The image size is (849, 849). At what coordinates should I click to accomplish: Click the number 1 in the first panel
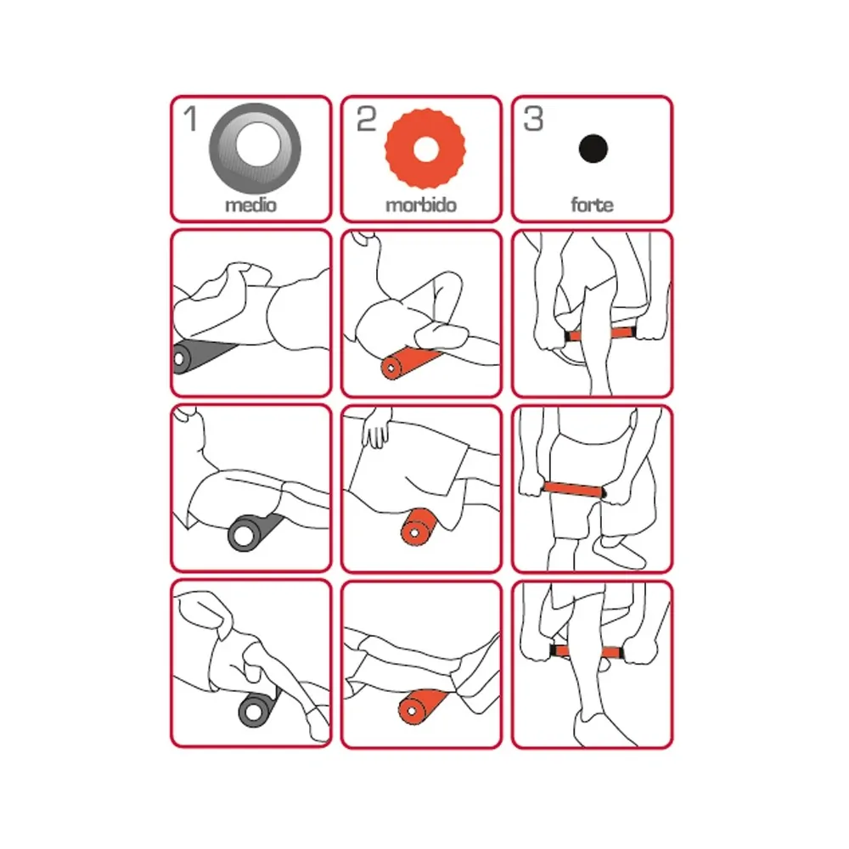[x=190, y=119]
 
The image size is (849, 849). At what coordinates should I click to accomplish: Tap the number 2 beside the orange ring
[x=366, y=119]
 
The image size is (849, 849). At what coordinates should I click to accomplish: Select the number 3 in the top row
[x=533, y=119]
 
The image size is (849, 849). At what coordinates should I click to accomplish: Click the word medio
[x=250, y=205]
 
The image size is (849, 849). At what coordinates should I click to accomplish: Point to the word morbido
[x=421, y=205]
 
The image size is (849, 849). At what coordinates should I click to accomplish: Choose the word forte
[x=592, y=205]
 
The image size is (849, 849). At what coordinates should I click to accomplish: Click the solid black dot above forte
[x=593, y=149]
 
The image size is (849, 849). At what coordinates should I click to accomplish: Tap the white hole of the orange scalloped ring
[x=425, y=149]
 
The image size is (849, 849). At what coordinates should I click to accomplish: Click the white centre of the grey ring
[x=258, y=145]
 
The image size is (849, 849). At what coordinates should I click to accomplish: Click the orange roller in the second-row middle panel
[x=409, y=363]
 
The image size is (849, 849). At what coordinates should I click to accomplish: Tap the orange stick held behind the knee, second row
[x=601, y=334]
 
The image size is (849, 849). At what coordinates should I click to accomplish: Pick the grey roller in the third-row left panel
[x=253, y=531]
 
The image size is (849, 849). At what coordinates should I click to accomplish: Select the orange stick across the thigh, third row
[x=574, y=490]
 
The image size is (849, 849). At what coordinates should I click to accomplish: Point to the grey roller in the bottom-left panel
[x=259, y=706]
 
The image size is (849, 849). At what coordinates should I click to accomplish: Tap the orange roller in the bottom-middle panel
[x=421, y=706]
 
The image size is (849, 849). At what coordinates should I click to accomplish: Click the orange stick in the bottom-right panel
[x=587, y=652]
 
